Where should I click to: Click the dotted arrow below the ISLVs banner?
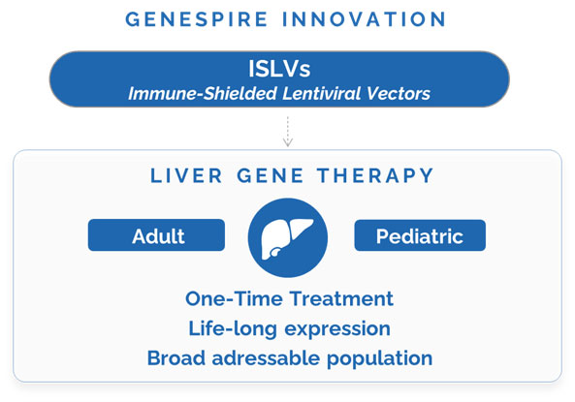click(x=288, y=131)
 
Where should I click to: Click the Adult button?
click(x=156, y=234)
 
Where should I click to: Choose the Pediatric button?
click(x=420, y=234)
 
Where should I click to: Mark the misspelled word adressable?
click(x=265, y=357)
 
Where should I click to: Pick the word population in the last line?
click(x=379, y=358)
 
